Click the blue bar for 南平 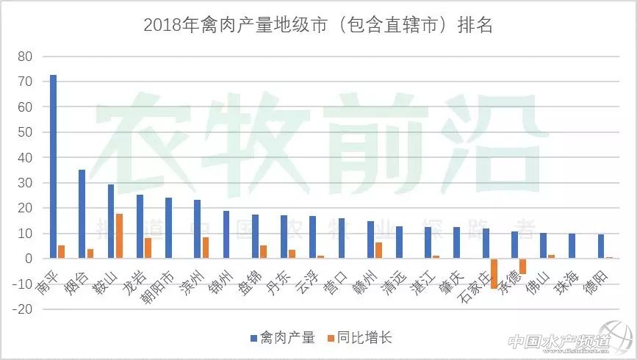click(x=53, y=167)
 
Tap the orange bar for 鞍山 click(x=119, y=236)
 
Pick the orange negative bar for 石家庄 click(x=494, y=273)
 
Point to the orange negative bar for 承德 click(x=523, y=266)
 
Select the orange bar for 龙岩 click(x=148, y=248)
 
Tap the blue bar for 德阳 click(x=600, y=246)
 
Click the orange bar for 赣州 click(x=379, y=251)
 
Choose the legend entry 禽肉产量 click(x=282, y=338)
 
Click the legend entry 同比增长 click(x=360, y=338)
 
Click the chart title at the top click(x=317, y=26)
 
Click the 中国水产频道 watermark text click(x=558, y=342)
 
